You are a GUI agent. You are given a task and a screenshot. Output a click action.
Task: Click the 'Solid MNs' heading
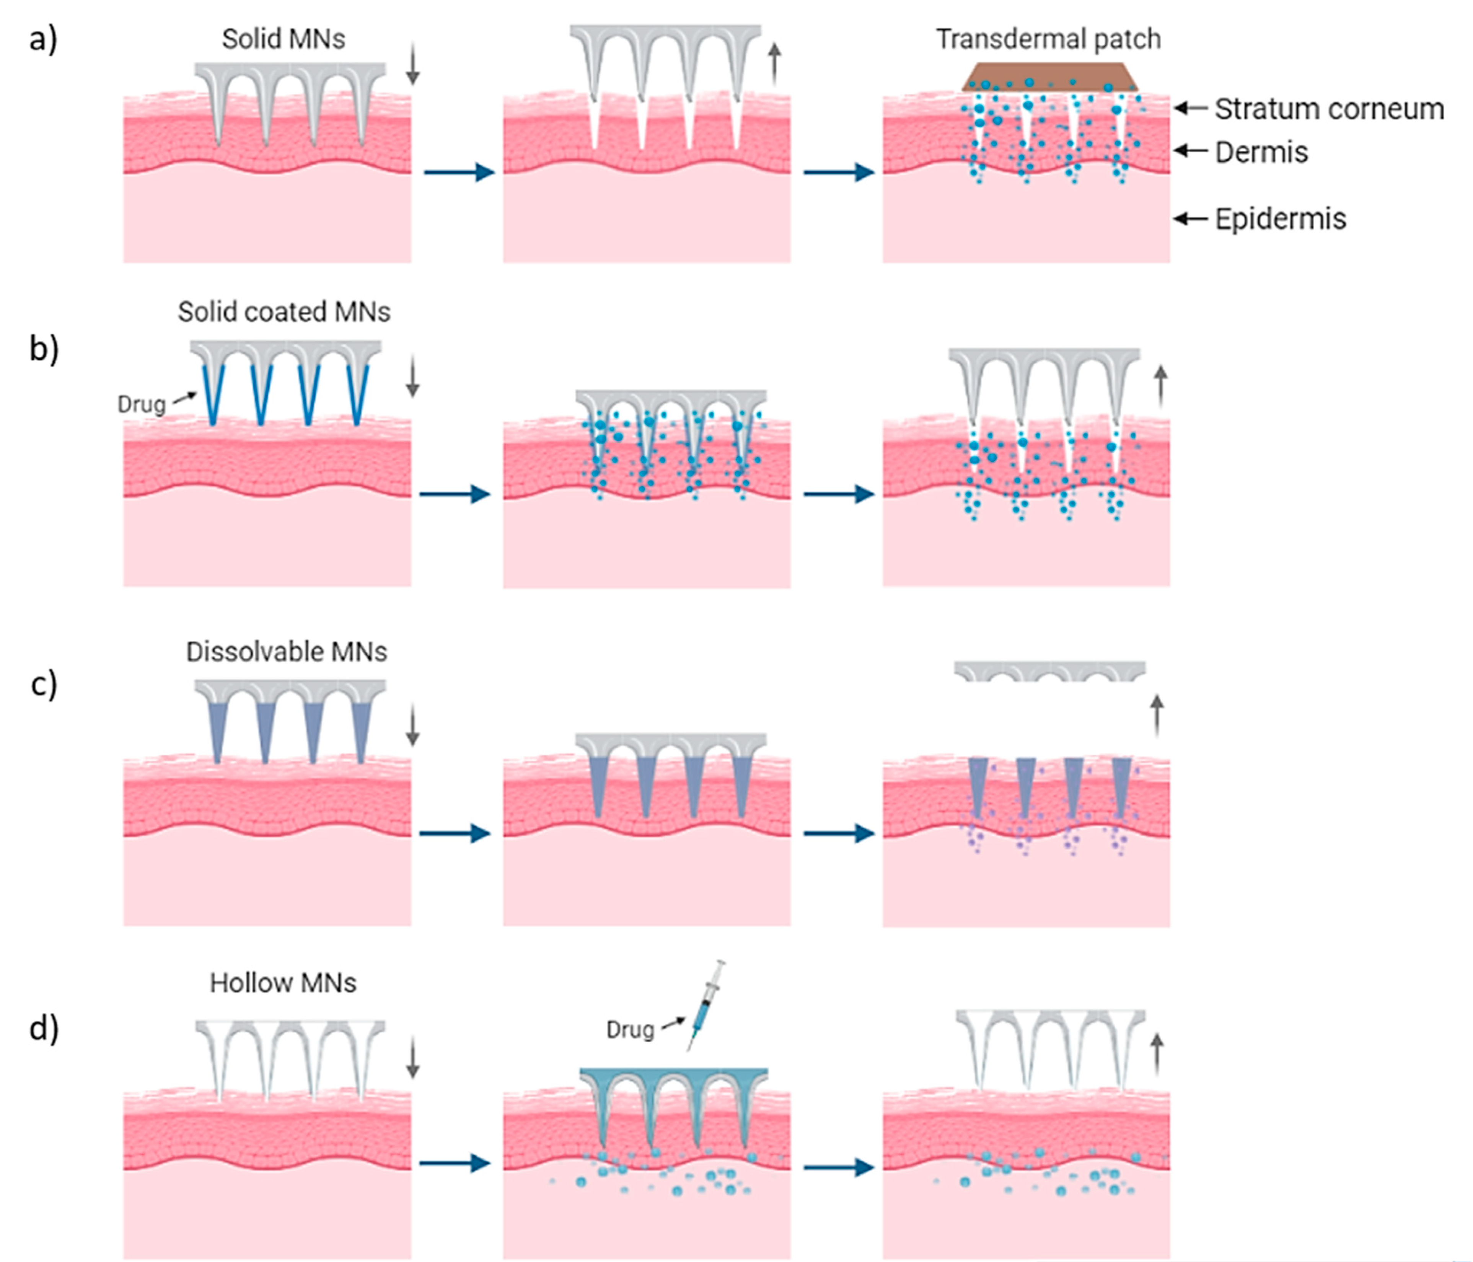coord(284,39)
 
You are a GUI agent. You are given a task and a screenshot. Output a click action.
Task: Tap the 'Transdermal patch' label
coord(1049,39)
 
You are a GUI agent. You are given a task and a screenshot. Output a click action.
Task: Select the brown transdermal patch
coord(1050,77)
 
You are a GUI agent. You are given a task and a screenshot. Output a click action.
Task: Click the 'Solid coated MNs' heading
coord(284,312)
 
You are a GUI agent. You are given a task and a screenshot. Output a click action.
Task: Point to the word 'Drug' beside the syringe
coord(630,1029)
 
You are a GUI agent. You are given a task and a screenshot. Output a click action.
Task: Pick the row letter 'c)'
coord(43,685)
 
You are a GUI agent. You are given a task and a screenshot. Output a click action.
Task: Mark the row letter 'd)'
coord(43,1029)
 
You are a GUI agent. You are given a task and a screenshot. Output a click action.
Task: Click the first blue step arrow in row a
coord(459,172)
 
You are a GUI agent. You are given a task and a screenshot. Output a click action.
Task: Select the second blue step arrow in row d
coord(839,1167)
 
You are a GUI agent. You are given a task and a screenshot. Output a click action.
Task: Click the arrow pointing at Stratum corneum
coord(1191,108)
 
